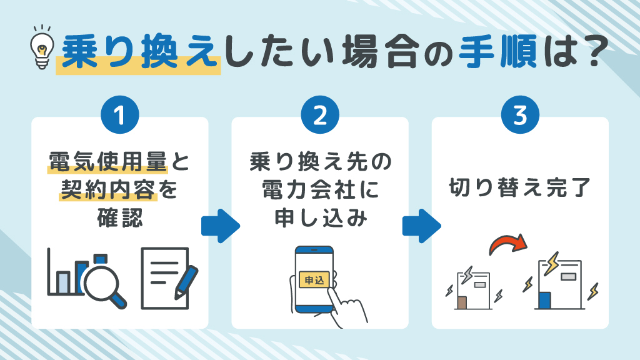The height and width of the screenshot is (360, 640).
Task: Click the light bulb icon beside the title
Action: coord(42,47)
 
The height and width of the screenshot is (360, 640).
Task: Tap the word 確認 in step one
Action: coord(119,218)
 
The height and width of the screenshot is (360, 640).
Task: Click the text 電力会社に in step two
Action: coord(319,191)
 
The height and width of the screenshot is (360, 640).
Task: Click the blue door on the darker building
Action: coord(543,300)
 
